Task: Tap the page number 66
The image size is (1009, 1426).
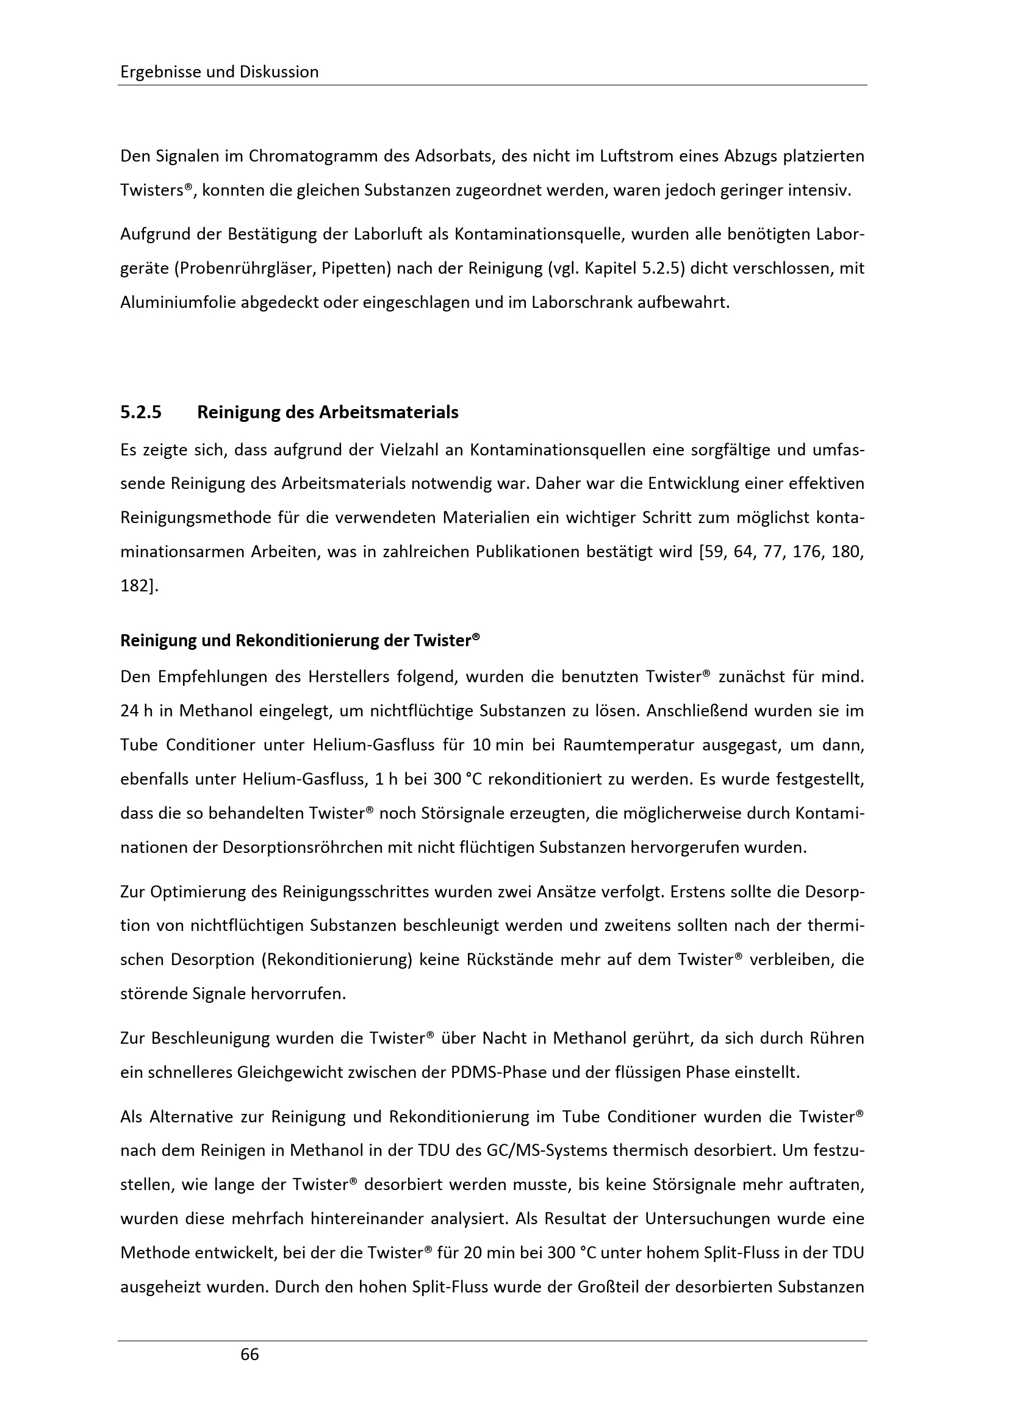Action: click(250, 1355)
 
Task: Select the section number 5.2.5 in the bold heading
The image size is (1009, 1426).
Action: click(141, 412)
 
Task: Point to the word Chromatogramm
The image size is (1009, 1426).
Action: click(311, 156)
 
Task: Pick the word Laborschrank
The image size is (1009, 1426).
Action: click(576, 303)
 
